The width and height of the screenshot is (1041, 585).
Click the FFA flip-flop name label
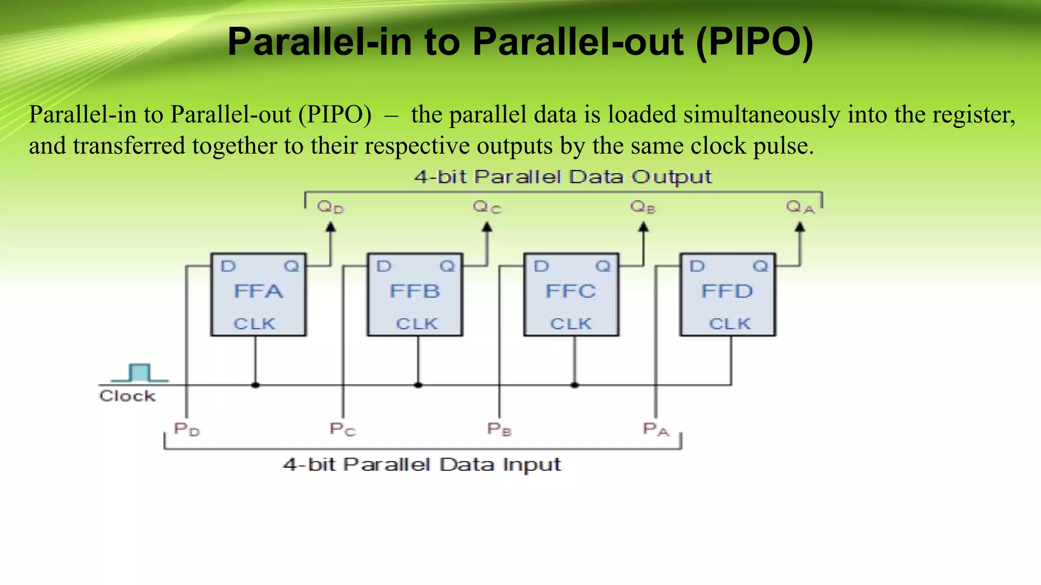click(258, 291)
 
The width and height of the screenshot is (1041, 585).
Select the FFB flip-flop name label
click(415, 291)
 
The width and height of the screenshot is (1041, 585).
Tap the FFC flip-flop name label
click(571, 291)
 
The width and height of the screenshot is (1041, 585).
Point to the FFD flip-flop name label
click(727, 291)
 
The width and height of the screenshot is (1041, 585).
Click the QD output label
click(330, 207)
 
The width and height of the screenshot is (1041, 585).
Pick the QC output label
click(487, 207)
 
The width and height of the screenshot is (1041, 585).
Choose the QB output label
click(643, 207)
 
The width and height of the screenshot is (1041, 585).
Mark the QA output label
click(800, 207)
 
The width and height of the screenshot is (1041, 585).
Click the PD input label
click(187, 430)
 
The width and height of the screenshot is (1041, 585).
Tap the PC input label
click(343, 430)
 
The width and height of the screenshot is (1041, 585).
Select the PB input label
click(499, 430)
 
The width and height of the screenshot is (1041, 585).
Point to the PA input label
click(656, 430)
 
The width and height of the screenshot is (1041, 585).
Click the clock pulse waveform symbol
click(140, 373)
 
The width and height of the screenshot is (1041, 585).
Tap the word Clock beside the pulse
click(128, 396)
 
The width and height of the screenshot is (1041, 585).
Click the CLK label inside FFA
click(254, 324)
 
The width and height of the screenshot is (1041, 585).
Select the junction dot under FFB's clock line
click(418, 385)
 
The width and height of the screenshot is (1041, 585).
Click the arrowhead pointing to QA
click(800, 227)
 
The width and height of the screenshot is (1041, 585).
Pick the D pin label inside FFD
click(697, 266)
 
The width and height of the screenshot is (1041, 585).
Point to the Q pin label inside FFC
click(603, 266)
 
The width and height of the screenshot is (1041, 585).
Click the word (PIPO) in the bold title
click(754, 42)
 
